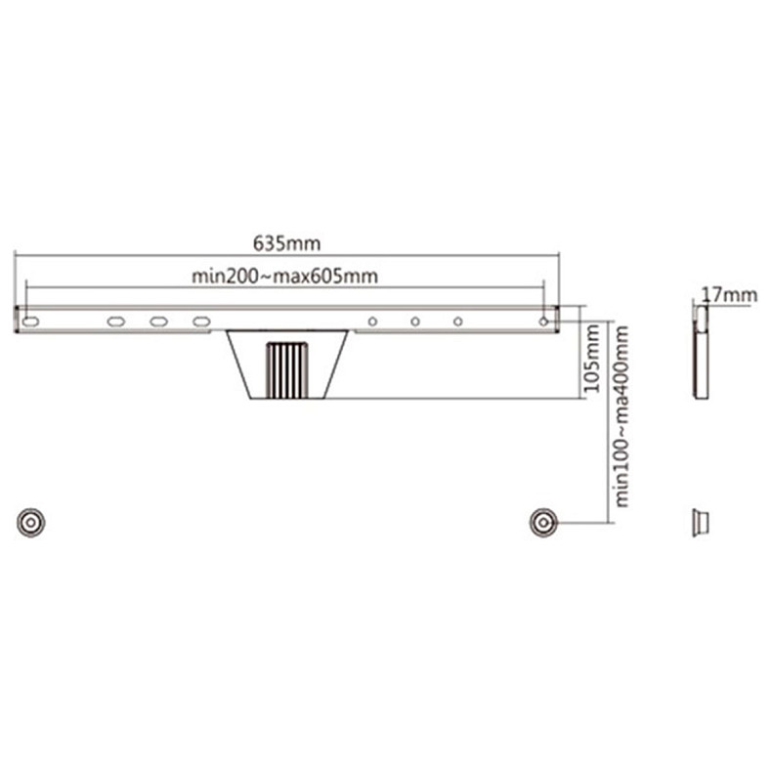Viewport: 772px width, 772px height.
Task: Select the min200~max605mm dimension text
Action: pos(284,277)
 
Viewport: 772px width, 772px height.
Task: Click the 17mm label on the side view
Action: pos(729,293)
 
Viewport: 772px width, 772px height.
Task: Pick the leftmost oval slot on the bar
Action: pos(31,321)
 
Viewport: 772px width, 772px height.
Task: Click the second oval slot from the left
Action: pos(115,321)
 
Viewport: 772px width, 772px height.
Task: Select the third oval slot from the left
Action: pos(158,321)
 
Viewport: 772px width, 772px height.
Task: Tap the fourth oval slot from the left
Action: pos(201,321)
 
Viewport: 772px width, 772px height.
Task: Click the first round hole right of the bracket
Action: pos(372,321)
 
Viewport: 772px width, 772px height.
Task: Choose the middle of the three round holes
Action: pos(415,321)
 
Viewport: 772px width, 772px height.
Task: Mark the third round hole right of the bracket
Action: pos(457,321)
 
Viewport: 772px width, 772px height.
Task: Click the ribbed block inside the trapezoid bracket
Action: pos(286,368)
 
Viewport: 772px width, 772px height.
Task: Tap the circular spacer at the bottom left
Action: pos(31,522)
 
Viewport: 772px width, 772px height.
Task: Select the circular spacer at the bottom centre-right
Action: pos(543,522)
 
